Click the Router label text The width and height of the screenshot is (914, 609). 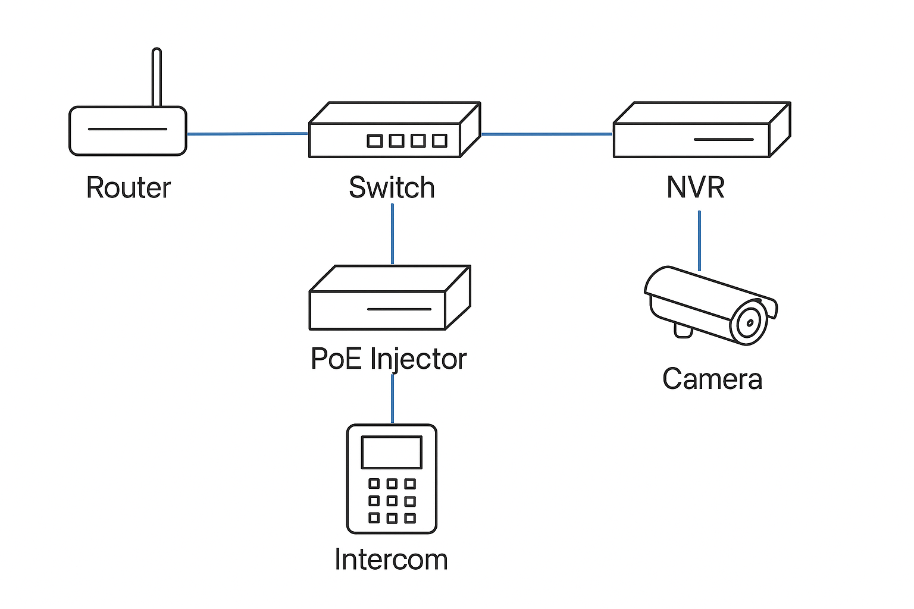click(x=129, y=188)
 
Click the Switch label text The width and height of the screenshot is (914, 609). click(x=392, y=188)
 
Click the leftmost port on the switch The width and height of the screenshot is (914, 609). click(x=374, y=141)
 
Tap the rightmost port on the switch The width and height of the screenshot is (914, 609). click(x=440, y=141)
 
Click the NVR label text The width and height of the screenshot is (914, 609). click(x=695, y=188)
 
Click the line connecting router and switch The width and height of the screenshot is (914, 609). click(x=247, y=134)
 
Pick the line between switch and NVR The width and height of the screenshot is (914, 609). click(x=546, y=134)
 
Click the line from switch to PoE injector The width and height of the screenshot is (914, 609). click(x=392, y=234)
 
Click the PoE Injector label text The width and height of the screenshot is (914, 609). click(x=389, y=359)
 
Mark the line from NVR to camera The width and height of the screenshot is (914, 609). click(x=699, y=241)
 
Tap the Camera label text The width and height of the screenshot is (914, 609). click(x=712, y=379)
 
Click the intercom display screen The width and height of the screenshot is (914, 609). click(x=392, y=453)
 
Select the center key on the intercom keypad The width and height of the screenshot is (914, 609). click(x=392, y=501)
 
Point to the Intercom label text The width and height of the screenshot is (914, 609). click(x=391, y=560)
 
